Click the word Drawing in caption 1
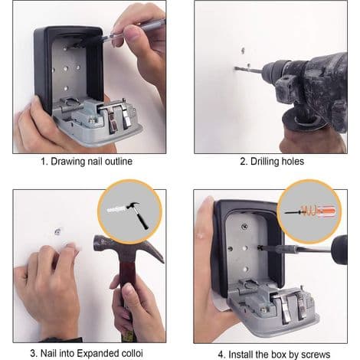point(67,162)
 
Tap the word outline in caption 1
point(119,162)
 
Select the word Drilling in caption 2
point(264,162)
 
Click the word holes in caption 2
point(293,162)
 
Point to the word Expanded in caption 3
point(98,354)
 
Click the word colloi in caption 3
point(132,353)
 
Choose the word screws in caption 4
point(316,355)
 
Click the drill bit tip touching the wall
point(235,68)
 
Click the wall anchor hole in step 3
point(57,232)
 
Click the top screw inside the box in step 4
point(244,226)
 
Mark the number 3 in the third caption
point(33,354)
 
